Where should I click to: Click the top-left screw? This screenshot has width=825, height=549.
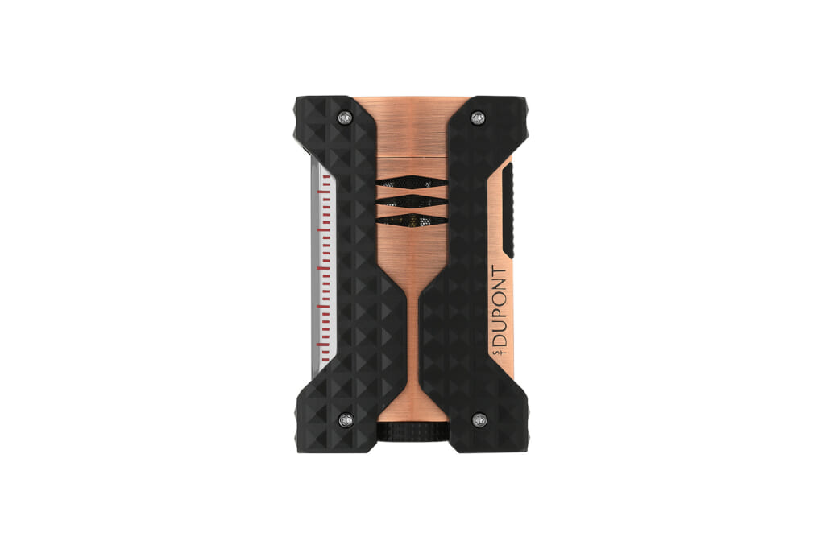[x=345, y=118]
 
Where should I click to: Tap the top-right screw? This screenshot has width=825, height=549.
[x=478, y=118]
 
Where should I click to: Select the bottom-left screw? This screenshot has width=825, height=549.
[x=345, y=419]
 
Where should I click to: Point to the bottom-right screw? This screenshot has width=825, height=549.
[x=479, y=419]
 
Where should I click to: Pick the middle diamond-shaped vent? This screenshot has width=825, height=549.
[x=412, y=201]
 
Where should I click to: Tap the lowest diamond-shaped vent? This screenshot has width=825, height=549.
[x=412, y=221]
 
